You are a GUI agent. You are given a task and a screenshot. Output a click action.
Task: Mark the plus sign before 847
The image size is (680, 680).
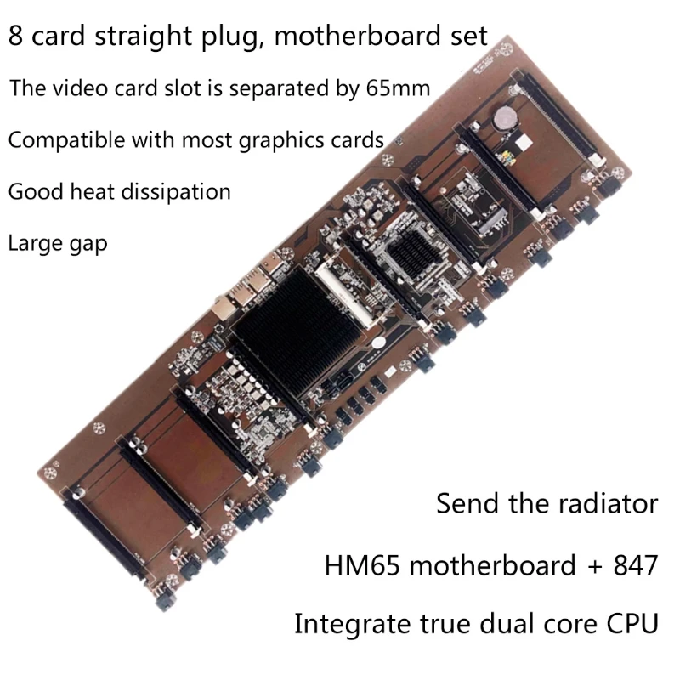(x=590, y=566)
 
